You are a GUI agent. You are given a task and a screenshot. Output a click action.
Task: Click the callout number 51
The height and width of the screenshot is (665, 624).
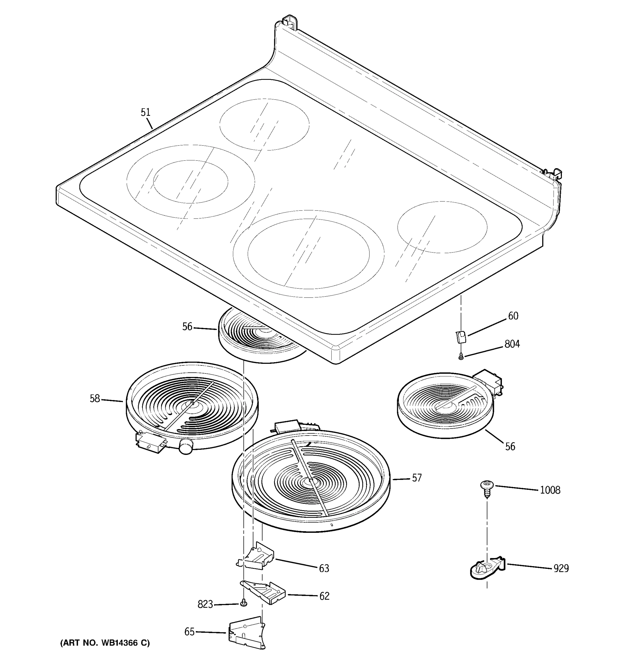tap(146, 112)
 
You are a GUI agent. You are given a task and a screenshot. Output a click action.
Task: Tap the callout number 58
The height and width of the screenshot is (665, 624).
tap(95, 398)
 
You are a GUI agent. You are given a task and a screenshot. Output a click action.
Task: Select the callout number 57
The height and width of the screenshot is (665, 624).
tap(417, 478)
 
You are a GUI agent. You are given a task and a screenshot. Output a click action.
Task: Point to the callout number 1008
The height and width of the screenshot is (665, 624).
tap(550, 490)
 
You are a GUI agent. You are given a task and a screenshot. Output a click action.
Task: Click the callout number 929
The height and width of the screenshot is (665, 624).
tap(561, 568)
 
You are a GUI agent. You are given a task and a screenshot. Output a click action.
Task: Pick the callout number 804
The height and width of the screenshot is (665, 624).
tap(512, 344)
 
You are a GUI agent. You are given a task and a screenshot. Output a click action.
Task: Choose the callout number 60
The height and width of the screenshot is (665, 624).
tap(513, 316)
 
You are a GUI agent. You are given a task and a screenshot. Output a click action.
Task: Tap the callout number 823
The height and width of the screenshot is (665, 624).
tap(205, 604)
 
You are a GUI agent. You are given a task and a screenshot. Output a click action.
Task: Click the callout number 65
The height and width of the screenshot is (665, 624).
tap(189, 631)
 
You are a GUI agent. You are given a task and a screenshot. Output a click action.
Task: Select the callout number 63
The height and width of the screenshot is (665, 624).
tap(324, 568)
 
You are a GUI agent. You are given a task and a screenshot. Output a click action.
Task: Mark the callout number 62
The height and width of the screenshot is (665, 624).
tap(324, 596)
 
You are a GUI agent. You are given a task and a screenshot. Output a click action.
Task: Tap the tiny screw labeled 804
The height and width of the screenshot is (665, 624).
tap(461, 357)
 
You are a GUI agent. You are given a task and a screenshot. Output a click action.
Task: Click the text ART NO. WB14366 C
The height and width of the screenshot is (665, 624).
tap(105, 643)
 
